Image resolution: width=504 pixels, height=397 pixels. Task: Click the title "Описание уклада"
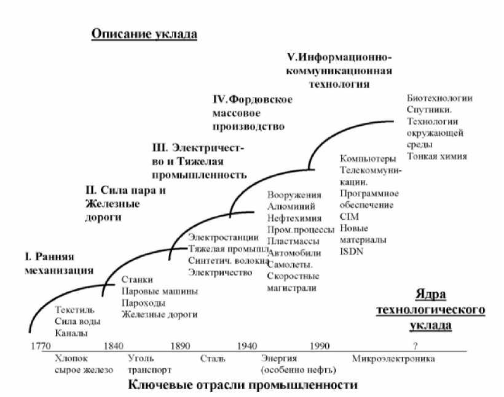click(144, 33)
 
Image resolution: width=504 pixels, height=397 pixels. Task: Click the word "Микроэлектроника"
click(393, 358)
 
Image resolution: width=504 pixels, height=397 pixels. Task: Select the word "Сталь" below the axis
click(213, 358)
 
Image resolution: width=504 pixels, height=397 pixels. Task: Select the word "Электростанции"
click(219, 238)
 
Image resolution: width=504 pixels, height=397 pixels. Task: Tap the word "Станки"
click(135, 280)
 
